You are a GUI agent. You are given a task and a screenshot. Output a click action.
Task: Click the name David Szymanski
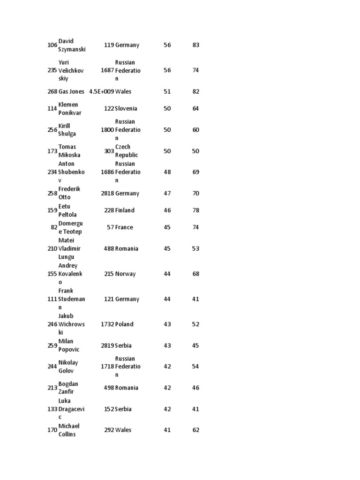tap(72, 45)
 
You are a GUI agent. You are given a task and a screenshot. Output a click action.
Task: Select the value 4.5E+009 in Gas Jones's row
tap(101, 91)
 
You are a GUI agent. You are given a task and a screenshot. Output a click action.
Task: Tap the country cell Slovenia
tap(126, 108)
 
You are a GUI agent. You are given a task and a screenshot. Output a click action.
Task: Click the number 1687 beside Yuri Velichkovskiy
tap(107, 70)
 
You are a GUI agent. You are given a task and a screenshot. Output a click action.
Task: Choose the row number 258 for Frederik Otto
tap(52, 193)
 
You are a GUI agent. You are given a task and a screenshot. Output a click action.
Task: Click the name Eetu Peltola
tap(68, 210)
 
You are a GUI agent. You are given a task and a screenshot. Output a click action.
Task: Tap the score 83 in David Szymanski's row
tap(196, 45)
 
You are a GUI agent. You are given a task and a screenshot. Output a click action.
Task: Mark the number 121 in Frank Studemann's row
tap(109, 299)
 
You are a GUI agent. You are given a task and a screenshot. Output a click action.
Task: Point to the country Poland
tap(124, 324)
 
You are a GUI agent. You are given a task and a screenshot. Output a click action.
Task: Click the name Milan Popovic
tap(69, 345)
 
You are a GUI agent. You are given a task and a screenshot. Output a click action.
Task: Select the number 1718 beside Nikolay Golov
tap(107, 367)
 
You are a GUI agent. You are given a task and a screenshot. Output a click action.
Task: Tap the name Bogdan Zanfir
tap(68, 388)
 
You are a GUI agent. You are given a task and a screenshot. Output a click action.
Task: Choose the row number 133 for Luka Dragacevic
tap(52, 409)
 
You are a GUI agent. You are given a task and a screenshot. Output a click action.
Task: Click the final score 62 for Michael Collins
tap(196, 430)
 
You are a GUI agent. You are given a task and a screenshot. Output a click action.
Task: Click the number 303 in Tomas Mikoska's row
tap(109, 151)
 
